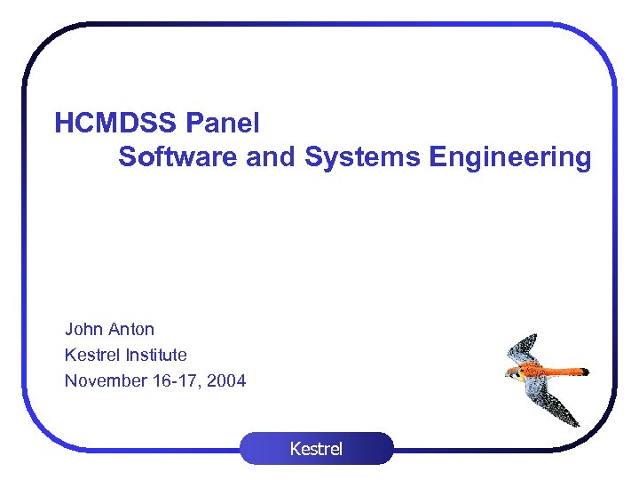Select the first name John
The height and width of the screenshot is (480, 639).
[x=83, y=329]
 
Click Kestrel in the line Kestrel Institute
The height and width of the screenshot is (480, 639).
[x=91, y=355]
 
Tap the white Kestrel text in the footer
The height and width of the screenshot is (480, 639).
[x=316, y=449]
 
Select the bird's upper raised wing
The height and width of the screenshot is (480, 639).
[x=524, y=348]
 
